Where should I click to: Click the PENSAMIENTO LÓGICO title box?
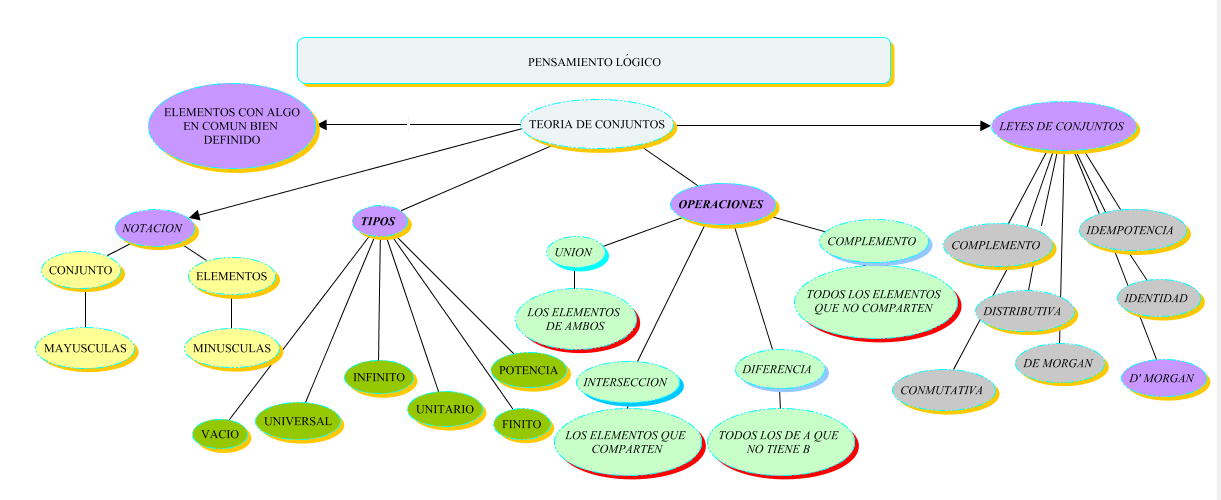(593, 61)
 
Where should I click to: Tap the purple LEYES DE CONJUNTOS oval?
(1061, 126)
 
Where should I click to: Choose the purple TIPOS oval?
(378, 220)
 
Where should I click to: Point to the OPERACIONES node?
(720, 204)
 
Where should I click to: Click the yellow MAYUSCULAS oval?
(85, 348)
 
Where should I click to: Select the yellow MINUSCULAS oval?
(231, 348)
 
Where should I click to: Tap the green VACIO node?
(219, 435)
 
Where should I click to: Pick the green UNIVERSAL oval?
(299, 421)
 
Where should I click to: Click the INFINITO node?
(378, 377)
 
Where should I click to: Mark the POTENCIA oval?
(527, 370)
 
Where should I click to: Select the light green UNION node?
(574, 253)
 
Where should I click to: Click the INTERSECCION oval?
(625, 382)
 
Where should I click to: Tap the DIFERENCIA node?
(778, 370)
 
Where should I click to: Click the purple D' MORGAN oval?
(1161, 378)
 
